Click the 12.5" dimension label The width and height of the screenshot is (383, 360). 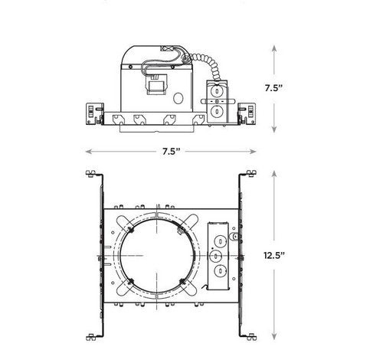pyautogui.click(x=274, y=255)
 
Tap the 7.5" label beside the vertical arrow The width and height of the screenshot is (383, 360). pyautogui.click(x=273, y=88)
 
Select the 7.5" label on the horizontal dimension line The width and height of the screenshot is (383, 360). pyautogui.click(x=172, y=152)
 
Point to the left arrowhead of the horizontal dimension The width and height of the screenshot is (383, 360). pyautogui.click(x=88, y=152)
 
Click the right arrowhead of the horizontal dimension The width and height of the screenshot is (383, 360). pyautogui.click(x=253, y=152)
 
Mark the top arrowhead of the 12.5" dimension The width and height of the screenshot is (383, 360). pyautogui.click(x=274, y=174)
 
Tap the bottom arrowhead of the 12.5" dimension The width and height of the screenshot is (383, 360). pyautogui.click(x=274, y=336)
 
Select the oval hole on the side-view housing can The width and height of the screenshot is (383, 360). pyautogui.click(x=178, y=98)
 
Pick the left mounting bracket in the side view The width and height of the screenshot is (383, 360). pyautogui.click(x=95, y=113)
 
